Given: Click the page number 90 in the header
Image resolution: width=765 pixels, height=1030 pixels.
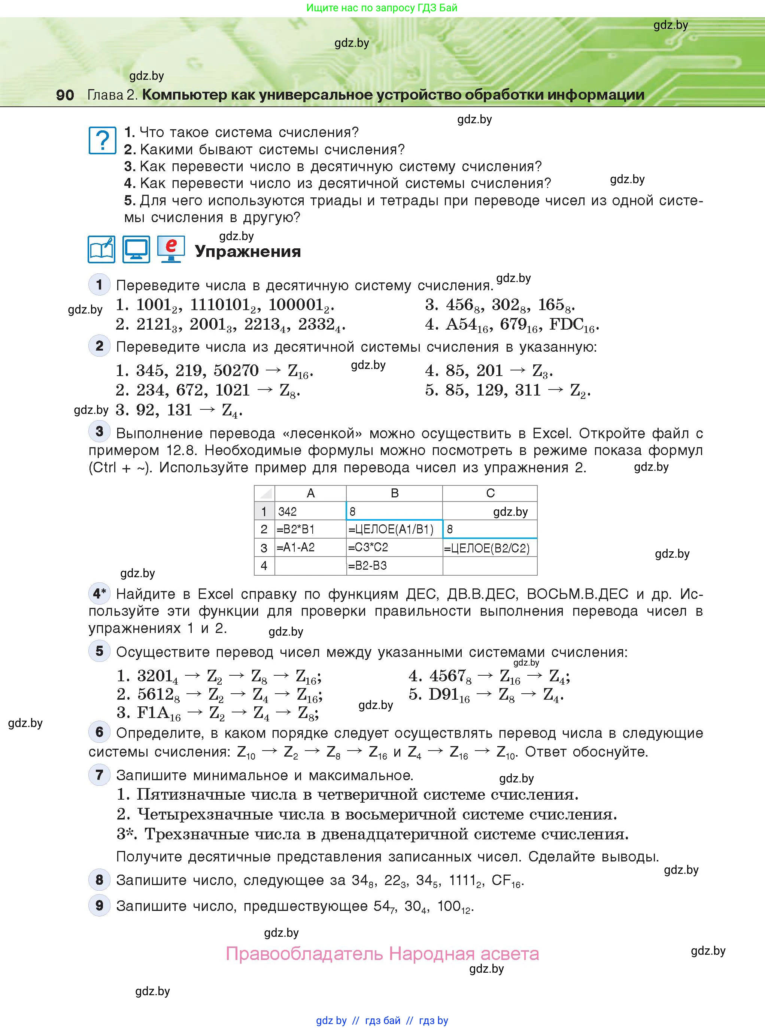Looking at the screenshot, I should coord(65,95).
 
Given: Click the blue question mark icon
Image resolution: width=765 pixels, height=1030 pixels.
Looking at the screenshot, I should coord(102,140).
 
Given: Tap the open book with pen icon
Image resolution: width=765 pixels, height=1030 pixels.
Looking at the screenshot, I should coord(101,249).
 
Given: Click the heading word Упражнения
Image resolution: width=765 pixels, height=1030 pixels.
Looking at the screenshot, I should coord(248,251).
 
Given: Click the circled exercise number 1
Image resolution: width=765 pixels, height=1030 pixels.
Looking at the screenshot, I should coord(99,284).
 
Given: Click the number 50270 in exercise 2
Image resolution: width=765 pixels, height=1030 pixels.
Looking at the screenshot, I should coord(236,370).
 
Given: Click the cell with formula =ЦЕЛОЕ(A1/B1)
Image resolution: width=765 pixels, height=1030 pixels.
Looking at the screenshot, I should coord(394,529).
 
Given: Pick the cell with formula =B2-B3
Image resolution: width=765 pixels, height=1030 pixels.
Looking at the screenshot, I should coord(394,566).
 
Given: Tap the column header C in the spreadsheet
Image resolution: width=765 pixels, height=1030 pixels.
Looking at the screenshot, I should coord(490,493).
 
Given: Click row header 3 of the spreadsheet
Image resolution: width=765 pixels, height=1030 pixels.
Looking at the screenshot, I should coord(264,548).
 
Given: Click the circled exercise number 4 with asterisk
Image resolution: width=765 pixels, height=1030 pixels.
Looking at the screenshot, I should coord(99,593).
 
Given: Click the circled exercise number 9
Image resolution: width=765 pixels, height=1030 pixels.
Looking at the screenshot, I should coord(99,905).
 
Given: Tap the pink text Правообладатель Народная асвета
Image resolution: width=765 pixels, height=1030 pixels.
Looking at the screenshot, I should coord(382,954).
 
